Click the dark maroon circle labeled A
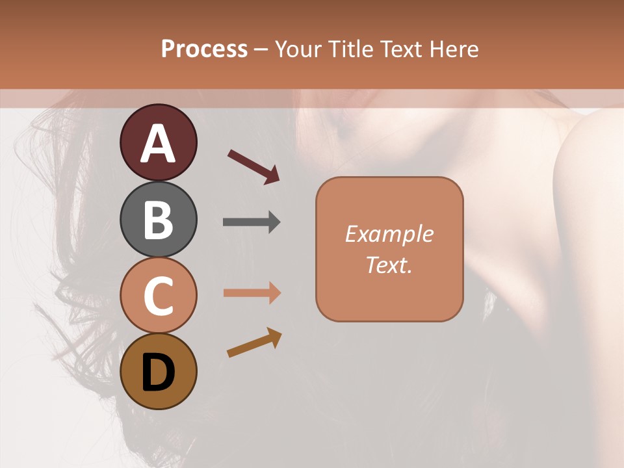[158, 142]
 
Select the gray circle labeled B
[158, 219]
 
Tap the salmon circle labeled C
[158, 296]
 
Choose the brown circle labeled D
[158, 372]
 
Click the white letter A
[158, 144]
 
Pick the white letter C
[158, 296]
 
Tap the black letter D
[158, 372]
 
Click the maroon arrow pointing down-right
[253, 166]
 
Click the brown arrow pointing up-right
[254, 343]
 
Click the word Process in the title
[204, 49]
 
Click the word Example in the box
[389, 234]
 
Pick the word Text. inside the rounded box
[389, 265]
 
